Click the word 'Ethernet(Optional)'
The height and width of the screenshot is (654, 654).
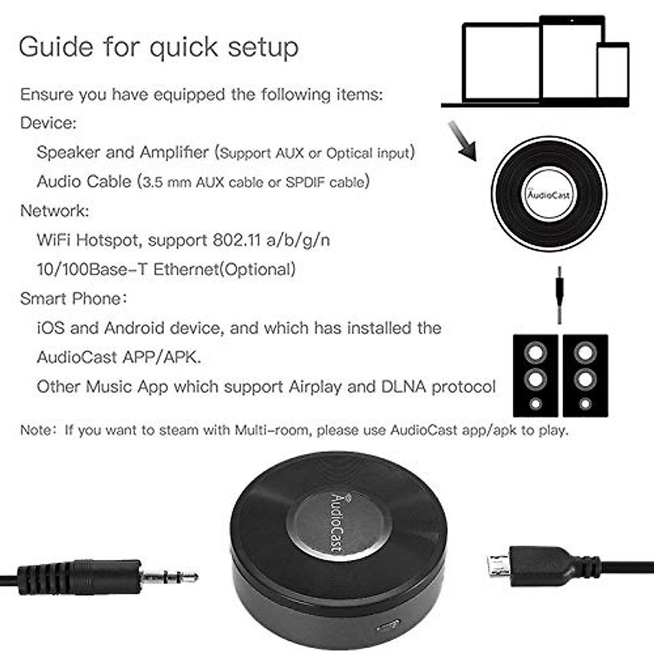[x=225, y=269]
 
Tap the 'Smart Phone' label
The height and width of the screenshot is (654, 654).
[x=71, y=299]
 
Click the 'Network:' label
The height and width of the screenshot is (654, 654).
[x=55, y=211]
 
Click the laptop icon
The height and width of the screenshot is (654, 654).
[x=499, y=63]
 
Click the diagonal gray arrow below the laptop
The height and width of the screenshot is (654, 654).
[x=462, y=141]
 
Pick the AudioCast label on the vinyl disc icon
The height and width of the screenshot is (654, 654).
[x=549, y=195]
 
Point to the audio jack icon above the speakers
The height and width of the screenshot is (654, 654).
[x=559, y=294]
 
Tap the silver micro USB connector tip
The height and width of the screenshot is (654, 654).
[x=498, y=566]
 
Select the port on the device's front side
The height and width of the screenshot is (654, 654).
[x=388, y=626]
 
